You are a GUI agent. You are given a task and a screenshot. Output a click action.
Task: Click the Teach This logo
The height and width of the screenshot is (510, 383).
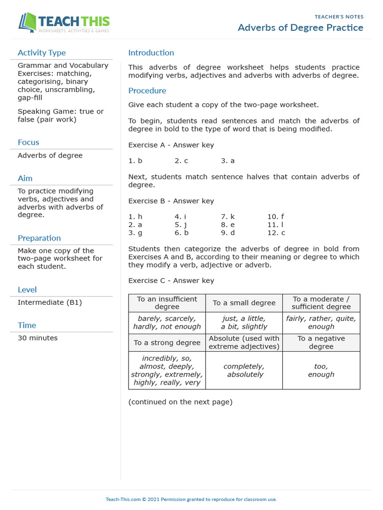tap(64, 23)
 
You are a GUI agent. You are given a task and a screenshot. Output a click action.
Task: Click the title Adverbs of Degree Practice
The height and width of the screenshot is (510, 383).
tap(300, 27)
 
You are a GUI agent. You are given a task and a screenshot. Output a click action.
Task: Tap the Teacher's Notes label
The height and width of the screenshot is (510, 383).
tap(339, 17)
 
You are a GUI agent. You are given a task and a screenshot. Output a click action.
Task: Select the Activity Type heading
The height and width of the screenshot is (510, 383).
tap(41, 53)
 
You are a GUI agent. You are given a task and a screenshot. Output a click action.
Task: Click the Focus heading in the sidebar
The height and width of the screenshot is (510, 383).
tap(28, 142)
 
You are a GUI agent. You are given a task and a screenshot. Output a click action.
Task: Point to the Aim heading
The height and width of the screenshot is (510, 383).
tap(25, 178)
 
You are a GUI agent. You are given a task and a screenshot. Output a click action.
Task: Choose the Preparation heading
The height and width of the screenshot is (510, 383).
tap(39, 238)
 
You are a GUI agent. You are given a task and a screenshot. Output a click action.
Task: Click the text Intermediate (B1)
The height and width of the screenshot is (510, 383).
tap(49, 302)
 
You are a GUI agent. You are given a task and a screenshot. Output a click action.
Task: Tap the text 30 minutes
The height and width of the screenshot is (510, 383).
tap(37, 338)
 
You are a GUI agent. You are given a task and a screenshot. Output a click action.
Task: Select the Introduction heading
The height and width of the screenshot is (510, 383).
tap(151, 53)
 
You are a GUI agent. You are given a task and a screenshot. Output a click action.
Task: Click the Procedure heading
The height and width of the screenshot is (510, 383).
tap(147, 91)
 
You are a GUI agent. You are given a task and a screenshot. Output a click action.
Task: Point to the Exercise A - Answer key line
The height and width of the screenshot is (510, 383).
tap(171, 145)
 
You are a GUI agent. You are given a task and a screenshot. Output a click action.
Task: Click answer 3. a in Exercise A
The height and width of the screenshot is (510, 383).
tap(227, 161)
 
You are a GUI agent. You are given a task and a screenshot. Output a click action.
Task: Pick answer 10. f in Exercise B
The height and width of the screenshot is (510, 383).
tap(275, 217)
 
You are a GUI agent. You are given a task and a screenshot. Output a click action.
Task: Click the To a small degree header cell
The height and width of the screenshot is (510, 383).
tap(244, 303)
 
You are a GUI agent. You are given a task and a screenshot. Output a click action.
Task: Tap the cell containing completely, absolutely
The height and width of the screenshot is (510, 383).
tap(244, 370)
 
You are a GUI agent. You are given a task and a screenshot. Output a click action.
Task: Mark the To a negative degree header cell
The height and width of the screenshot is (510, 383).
tap(321, 342)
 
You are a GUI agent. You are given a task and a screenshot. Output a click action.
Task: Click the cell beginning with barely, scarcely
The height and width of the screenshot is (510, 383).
tap(167, 322)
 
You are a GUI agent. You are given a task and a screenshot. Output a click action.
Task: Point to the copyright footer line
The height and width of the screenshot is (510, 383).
tap(191, 499)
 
